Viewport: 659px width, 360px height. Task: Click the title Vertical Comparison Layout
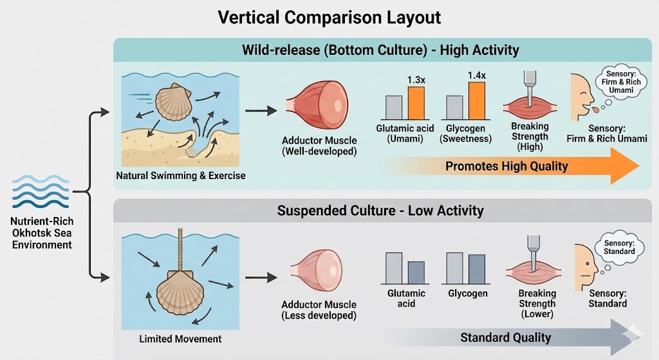(329, 17)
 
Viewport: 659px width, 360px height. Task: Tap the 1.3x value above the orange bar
(417, 81)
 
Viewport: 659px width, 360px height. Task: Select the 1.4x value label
(477, 75)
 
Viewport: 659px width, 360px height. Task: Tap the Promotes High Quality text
(506, 166)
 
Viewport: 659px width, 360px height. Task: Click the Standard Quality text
(505, 337)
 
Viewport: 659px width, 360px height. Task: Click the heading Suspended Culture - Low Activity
(380, 211)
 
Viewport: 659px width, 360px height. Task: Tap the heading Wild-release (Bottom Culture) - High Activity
(380, 49)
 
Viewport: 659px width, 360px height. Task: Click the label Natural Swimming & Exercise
(181, 175)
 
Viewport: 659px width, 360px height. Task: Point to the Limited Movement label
(180, 339)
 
